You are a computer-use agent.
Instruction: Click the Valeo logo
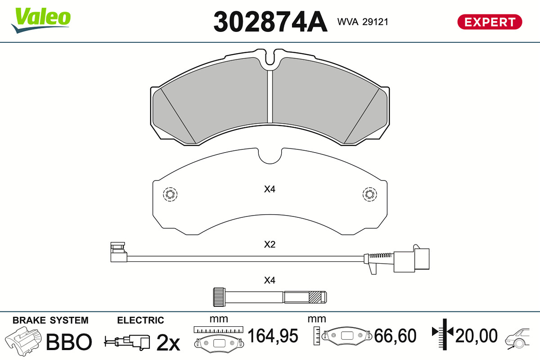41,20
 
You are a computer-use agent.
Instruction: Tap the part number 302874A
270,22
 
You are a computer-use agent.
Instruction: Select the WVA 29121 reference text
363,22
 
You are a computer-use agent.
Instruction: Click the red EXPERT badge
490,22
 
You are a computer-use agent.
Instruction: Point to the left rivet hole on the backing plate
170,194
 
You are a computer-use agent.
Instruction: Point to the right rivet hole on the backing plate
370,194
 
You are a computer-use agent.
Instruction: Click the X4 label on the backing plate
270,189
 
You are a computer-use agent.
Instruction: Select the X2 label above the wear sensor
270,244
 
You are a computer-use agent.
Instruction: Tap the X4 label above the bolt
270,280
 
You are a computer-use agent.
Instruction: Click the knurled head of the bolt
219,297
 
